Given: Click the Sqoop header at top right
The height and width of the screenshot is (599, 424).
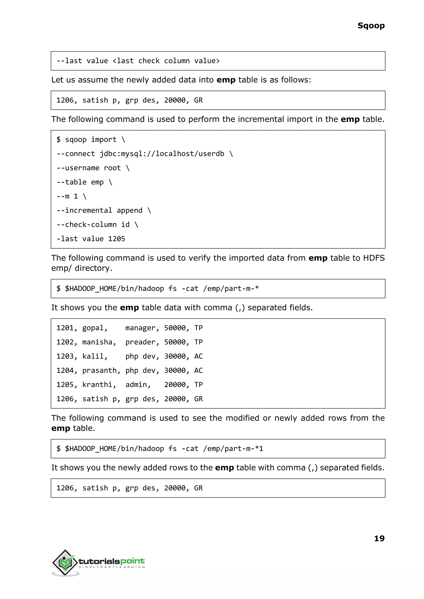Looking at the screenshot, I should coord(371,26).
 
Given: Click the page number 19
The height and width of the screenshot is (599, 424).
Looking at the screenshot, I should coord(379,538).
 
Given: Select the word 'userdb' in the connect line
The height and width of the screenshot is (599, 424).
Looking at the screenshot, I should coord(211,154).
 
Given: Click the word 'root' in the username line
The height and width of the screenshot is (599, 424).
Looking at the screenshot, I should coord(112,168).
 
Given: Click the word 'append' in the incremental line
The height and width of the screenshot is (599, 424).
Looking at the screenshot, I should coord(129,210).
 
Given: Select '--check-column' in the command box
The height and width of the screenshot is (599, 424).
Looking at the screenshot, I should coord(86,224).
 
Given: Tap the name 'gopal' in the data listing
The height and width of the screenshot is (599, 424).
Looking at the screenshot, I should coord(93,328).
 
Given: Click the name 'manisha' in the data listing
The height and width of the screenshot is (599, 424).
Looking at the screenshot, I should coord(97,342).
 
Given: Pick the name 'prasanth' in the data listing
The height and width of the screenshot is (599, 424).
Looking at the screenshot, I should coord(99,370).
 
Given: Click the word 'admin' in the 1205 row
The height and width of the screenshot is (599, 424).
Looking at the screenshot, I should coord(136,385).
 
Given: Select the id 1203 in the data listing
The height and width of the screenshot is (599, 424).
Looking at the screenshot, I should coord(65,356).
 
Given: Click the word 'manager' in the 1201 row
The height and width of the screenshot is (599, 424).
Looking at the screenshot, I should coord(140,328).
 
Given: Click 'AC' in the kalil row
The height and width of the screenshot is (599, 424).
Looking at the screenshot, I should coord(198,356).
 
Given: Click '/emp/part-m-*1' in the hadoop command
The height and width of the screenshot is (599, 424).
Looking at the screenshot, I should coord(233,449).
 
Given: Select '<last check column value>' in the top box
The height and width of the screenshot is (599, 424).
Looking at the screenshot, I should coord(166,61).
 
